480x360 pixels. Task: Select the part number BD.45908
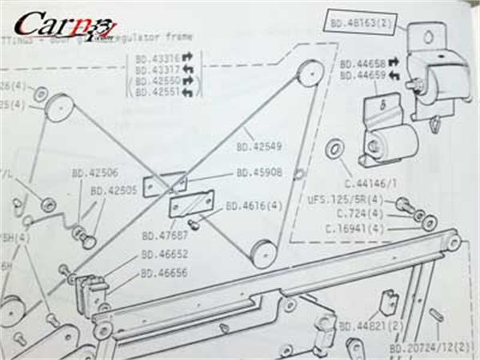click(258, 172)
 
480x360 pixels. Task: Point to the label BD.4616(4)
click(254, 206)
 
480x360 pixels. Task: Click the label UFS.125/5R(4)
click(350, 199)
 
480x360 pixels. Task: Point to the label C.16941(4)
click(355, 229)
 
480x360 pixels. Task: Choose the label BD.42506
click(94, 172)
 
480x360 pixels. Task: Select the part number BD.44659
click(362, 76)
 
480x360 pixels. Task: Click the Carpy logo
click(64, 26)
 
